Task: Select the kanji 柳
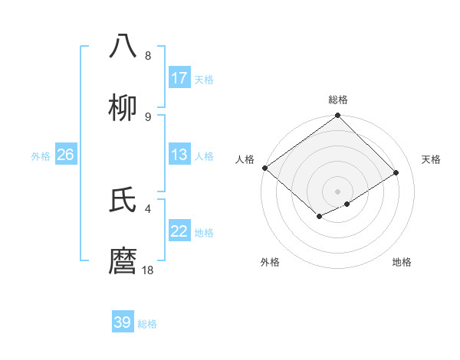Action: pos(123,107)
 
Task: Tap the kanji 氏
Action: pos(123,201)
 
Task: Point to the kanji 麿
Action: pos(123,262)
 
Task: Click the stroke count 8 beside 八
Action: pos(147,56)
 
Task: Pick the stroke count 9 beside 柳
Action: pos(147,116)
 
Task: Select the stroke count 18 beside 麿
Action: pos(148,270)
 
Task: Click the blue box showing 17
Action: pos(179,78)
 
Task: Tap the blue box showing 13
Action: pos(179,155)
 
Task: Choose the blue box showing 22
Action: pos(179,231)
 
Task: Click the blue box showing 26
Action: pos(65,155)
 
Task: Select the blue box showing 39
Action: pos(123,322)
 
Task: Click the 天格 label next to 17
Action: pos(204,79)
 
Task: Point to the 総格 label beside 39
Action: pos(147,324)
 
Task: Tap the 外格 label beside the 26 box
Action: pos(41,156)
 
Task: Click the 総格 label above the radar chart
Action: pos(337,100)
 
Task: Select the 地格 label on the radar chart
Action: pos(402,262)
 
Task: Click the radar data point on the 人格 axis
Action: pos(264,168)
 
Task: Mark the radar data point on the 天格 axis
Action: pos(396,173)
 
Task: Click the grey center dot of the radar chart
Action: pos(337,191)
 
